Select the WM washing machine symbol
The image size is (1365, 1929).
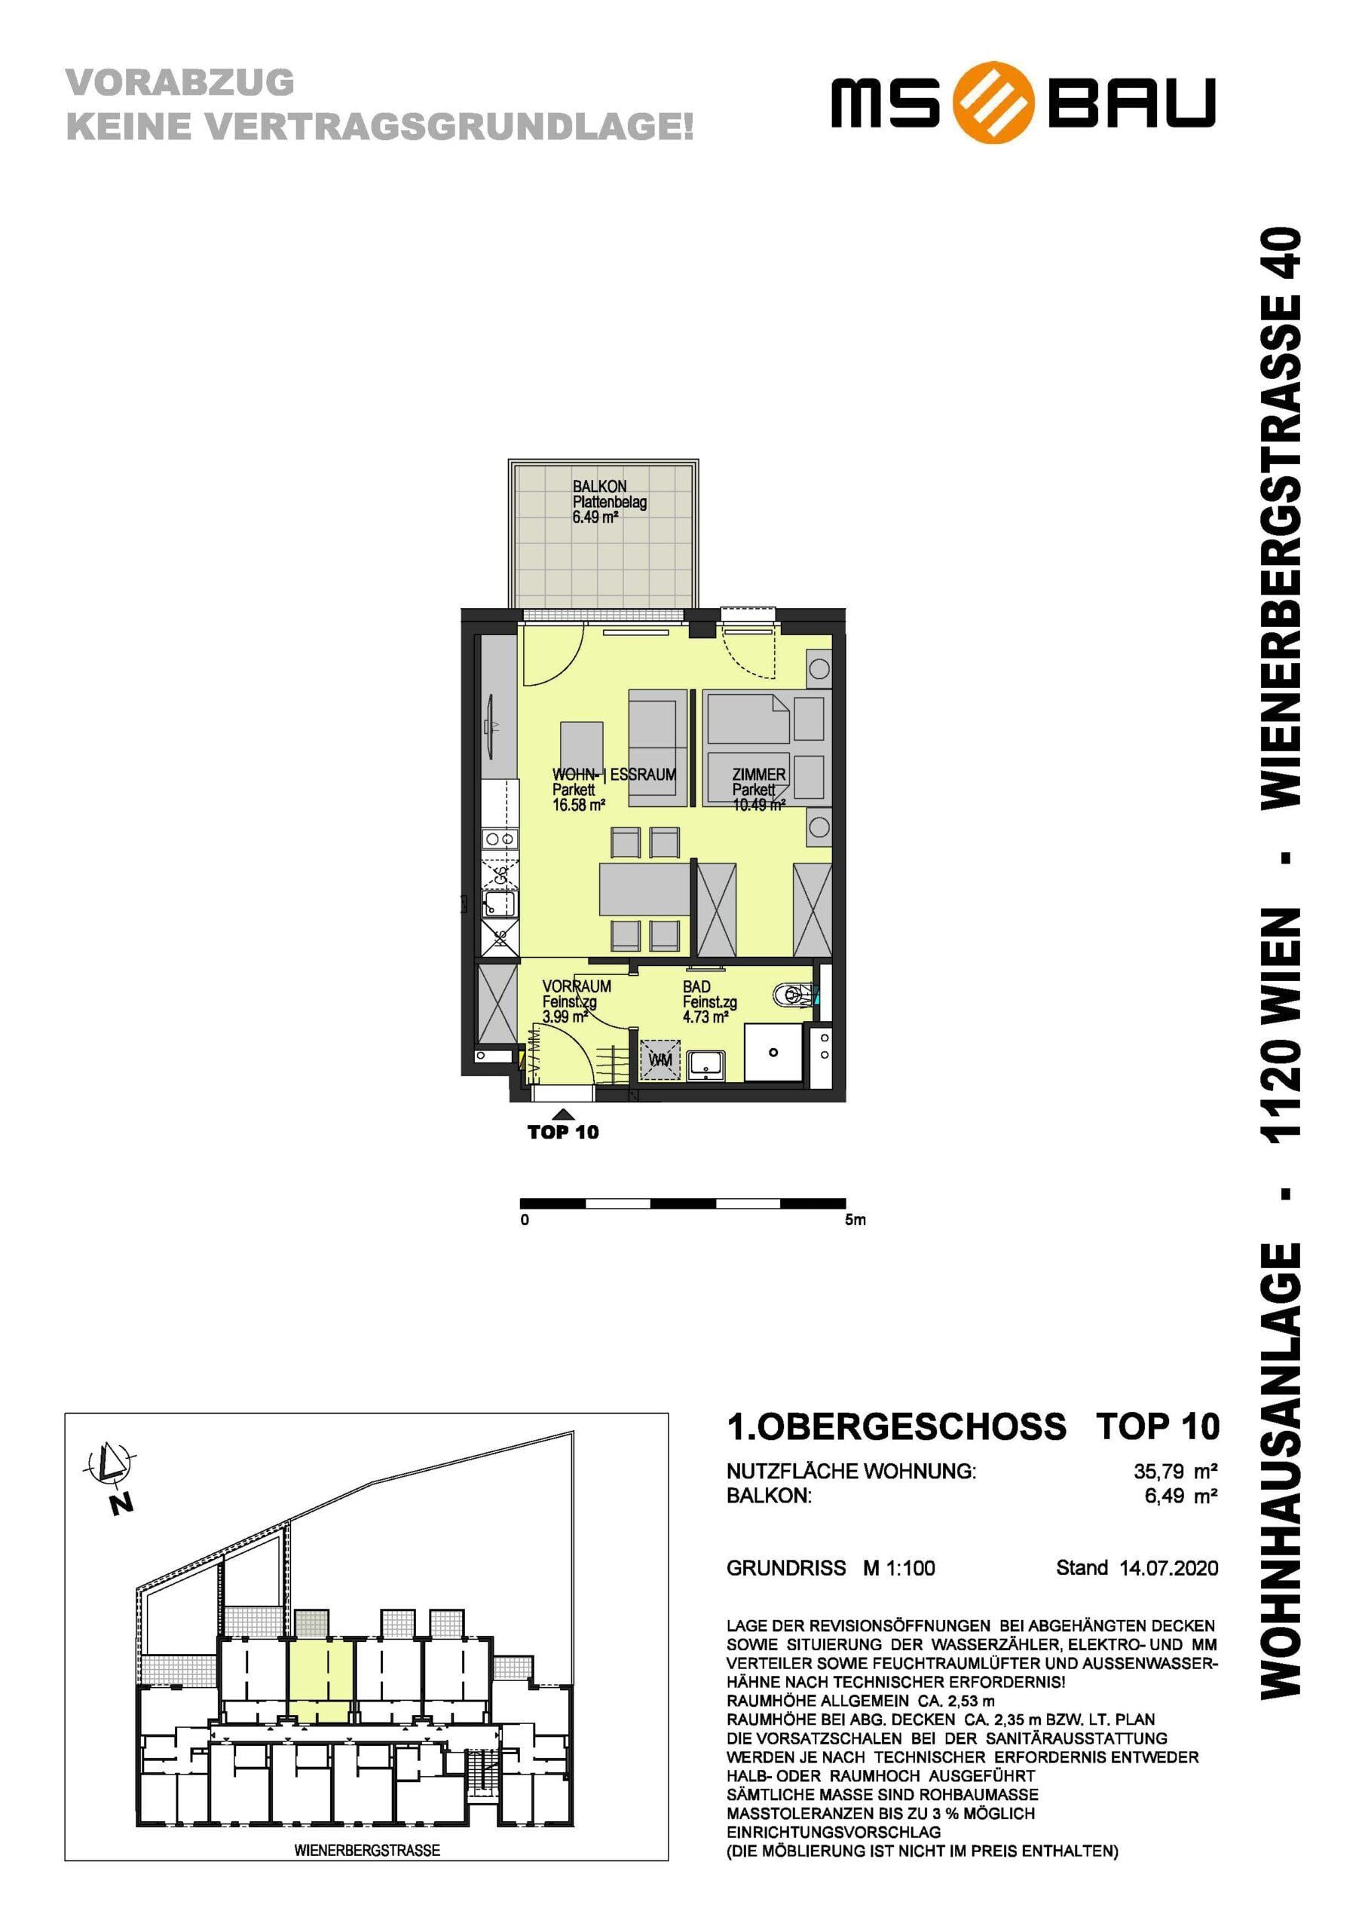[x=661, y=1060]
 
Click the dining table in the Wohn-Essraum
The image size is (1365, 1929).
[x=644, y=889]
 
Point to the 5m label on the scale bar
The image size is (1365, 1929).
[x=855, y=1220]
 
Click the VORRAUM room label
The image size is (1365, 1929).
[x=577, y=986]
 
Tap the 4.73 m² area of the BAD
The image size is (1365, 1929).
[x=705, y=1016]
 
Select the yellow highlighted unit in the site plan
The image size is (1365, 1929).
[x=320, y=1680]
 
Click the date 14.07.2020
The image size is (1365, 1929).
[x=1168, y=1568]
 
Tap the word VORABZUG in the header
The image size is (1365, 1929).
[x=180, y=82]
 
